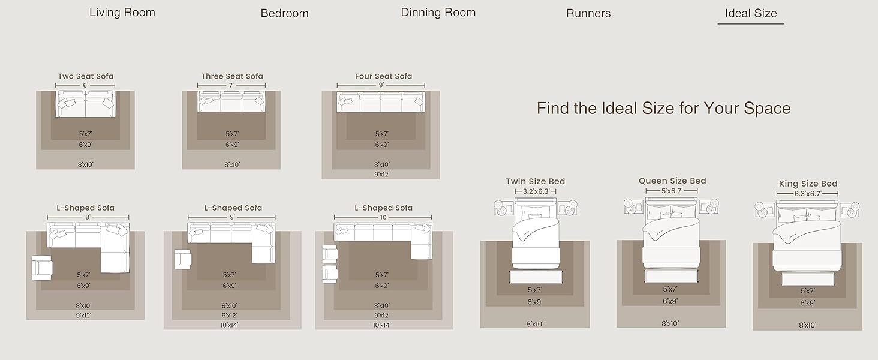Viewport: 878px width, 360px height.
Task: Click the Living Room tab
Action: point(122,13)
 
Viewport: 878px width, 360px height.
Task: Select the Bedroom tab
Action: point(284,13)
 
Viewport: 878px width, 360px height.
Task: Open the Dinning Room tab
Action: point(438,13)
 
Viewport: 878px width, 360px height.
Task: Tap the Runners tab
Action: point(588,13)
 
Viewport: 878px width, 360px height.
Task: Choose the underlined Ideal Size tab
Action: point(751,13)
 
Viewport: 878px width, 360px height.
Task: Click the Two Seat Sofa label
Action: point(85,76)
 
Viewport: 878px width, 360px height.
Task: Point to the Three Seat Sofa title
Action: point(232,76)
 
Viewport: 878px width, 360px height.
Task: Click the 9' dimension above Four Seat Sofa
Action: point(381,85)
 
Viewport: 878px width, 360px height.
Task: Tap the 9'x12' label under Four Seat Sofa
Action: point(382,174)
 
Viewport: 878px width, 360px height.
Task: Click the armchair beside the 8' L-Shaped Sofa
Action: point(41,268)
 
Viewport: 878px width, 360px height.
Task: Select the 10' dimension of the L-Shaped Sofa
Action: point(383,217)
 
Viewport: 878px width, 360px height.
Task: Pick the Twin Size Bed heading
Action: point(536,182)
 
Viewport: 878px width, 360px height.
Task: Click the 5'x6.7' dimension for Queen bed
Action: point(672,191)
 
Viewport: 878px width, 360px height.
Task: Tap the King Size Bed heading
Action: point(808,184)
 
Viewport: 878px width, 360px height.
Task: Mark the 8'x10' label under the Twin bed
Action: point(534,324)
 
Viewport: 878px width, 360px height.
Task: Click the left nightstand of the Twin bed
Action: point(503,208)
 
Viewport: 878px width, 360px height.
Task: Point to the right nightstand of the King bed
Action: point(849,210)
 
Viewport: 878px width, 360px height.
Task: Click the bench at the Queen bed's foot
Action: point(671,276)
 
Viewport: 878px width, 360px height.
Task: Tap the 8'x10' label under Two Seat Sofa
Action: point(85,165)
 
